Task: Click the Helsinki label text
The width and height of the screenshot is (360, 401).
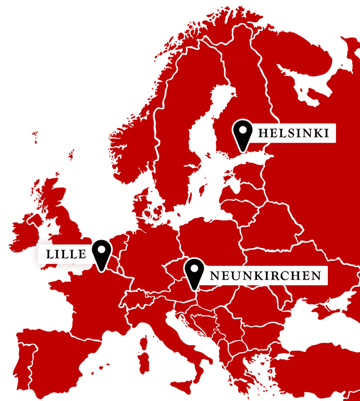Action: click(293, 133)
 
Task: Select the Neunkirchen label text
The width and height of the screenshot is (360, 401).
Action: click(265, 276)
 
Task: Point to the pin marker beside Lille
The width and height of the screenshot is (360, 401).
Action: click(102, 253)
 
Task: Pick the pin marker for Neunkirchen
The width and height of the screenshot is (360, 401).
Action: click(194, 272)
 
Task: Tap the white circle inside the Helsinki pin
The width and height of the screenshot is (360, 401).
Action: click(242, 129)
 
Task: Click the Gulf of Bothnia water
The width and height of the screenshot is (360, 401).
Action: click(211, 120)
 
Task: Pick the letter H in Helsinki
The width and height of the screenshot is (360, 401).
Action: click(263, 133)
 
